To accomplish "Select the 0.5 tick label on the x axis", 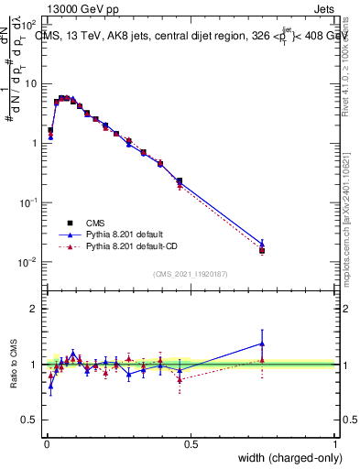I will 190,444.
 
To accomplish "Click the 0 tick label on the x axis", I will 46,444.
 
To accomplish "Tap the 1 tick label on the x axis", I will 335,444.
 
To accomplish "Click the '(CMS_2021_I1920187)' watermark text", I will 190,274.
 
